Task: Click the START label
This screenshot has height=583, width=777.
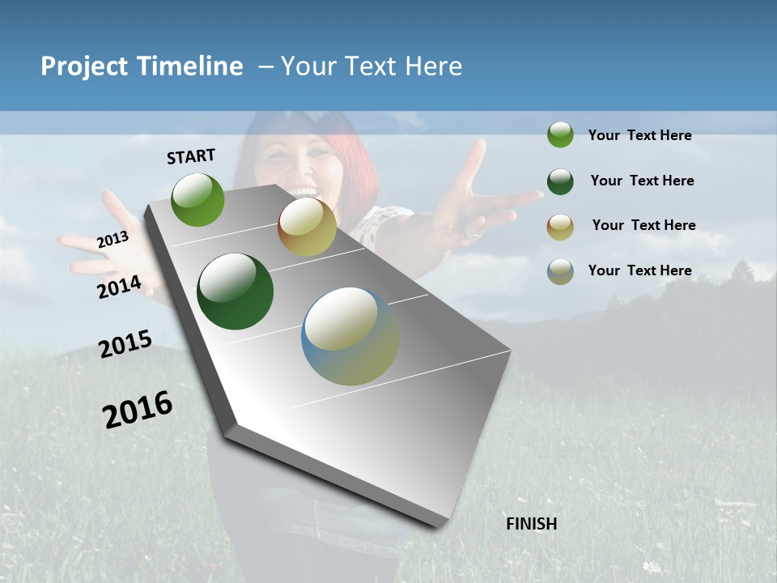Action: coord(191,156)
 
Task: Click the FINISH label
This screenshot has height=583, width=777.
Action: coord(531,524)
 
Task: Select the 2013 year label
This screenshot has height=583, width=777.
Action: coord(113,240)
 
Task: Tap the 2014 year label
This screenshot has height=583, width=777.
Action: coord(119,287)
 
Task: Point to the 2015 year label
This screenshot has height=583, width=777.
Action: coord(125,344)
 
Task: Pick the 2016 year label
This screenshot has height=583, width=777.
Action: coord(138,409)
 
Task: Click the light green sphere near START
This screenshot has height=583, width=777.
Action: coord(198,199)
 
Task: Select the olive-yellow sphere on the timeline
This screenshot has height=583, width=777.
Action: coord(307,227)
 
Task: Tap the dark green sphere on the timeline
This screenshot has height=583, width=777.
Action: coord(235,291)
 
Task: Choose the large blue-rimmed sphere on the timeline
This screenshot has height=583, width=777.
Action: coord(350,336)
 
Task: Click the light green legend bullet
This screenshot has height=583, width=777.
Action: coord(560,135)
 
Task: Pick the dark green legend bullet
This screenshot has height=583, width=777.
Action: coord(560,181)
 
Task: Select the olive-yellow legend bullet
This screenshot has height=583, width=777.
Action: coord(560,227)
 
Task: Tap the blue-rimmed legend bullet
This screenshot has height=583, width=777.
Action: coord(560,271)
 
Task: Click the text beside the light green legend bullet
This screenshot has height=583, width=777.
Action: coord(639,135)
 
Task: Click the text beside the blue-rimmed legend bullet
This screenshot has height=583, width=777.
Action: coord(639,270)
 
